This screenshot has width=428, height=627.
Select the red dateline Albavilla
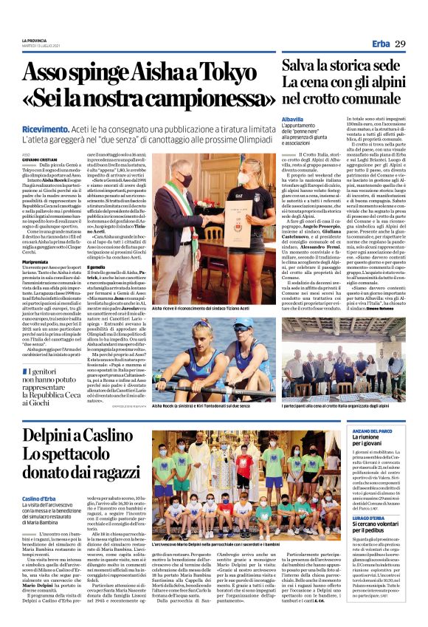point(294,119)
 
